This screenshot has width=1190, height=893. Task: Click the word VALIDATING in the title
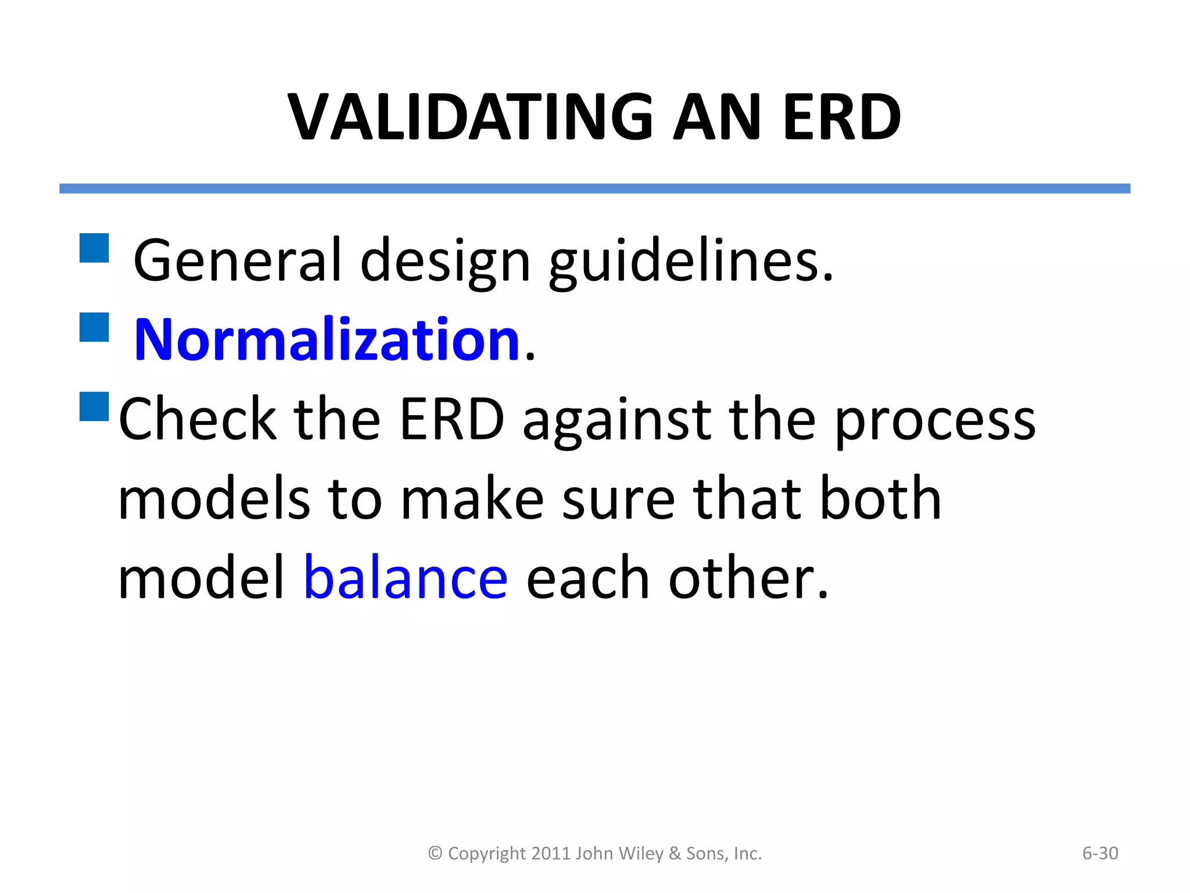470,117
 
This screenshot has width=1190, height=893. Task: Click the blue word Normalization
327,340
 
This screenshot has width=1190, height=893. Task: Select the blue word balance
406,577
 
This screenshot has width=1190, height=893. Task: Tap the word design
445,262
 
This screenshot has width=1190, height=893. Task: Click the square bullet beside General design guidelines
94,248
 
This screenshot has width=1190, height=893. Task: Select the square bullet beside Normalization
94,327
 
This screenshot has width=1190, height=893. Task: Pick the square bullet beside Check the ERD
94,406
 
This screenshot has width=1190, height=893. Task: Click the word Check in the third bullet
198,419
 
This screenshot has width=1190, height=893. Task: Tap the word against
616,420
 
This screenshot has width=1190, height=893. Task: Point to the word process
935,420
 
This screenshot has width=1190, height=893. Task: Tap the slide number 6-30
1100,853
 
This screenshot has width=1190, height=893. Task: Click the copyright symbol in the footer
435,853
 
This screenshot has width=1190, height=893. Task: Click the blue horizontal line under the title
594,188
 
